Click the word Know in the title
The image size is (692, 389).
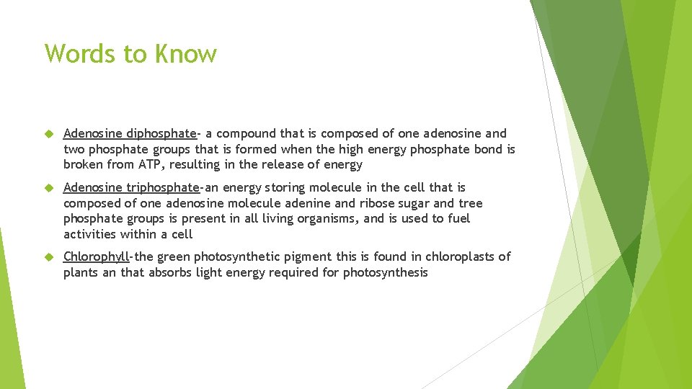click(187, 54)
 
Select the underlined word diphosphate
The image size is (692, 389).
click(161, 133)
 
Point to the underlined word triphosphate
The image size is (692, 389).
click(162, 188)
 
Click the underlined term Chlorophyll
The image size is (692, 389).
click(96, 256)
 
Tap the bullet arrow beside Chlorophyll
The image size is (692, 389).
click(49, 256)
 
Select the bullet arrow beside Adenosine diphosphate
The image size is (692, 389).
click(49, 133)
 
